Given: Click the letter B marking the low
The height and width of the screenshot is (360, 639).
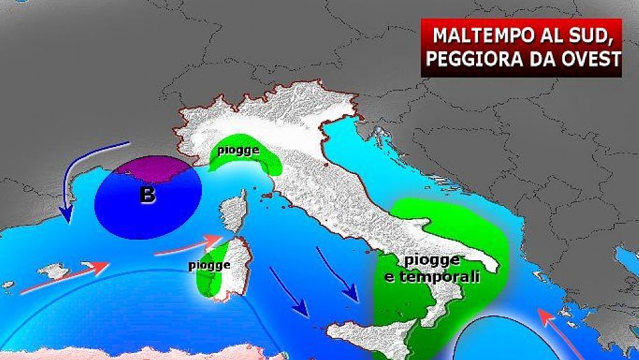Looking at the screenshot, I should [x=147, y=194].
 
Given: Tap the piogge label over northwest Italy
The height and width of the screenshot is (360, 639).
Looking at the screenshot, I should [x=237, y=151].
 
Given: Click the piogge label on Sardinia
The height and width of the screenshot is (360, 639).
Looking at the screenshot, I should [x=209, y=264].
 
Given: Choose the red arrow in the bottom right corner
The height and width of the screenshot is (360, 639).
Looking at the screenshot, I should [x=556, y=333].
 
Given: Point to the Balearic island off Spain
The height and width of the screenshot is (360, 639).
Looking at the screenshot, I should [x=54, y=271].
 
